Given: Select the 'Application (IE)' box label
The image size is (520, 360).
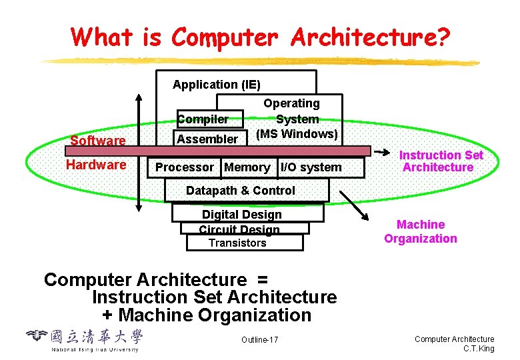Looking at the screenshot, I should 217,85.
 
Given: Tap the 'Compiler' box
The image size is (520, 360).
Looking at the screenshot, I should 203,119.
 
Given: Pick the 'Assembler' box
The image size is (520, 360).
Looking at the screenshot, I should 207,139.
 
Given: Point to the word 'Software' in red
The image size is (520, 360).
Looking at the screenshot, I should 98,141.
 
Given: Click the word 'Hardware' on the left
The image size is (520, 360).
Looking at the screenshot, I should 96,165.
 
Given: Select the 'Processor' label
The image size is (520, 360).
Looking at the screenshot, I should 185,167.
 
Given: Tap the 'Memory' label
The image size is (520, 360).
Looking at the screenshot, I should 247,167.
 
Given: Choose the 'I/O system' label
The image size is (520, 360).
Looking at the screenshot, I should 311,167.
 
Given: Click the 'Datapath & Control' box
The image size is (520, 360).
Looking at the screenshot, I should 240,191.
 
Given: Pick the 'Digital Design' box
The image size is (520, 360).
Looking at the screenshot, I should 242,215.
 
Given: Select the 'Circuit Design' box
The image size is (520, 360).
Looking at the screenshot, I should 239,229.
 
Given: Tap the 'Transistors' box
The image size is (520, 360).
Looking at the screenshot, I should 237,243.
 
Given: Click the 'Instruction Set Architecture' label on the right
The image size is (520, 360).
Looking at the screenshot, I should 441,161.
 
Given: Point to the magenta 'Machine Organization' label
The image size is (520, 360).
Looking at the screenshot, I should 421,232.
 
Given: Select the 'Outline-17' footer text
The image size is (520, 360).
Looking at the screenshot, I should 260,341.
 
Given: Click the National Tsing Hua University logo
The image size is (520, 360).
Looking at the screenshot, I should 84,339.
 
